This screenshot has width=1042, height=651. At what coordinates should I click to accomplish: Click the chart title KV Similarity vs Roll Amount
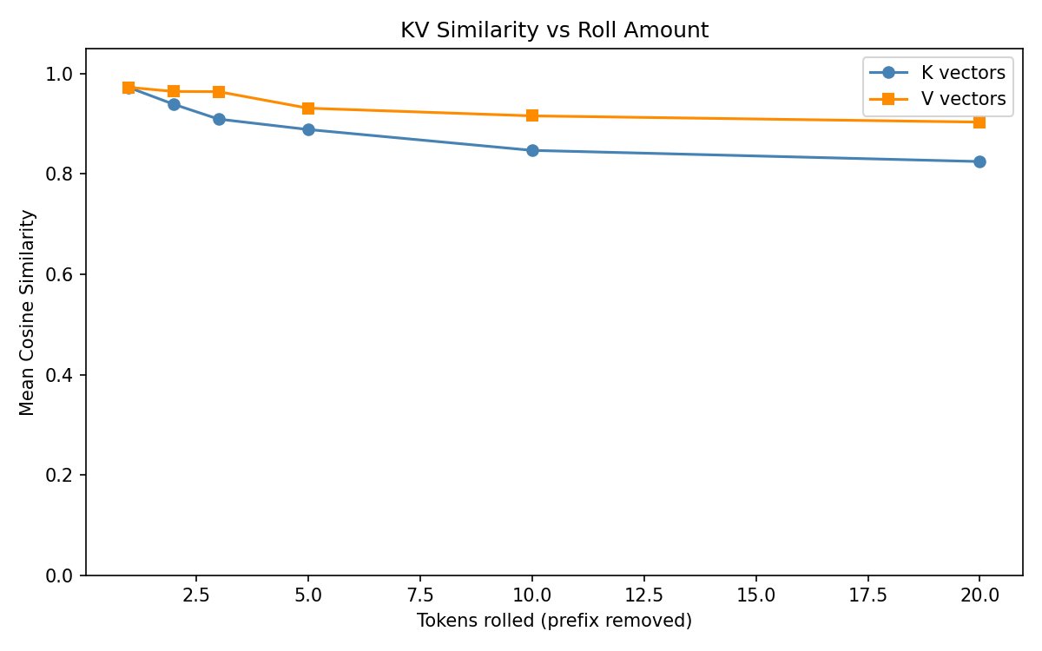coord(554,30)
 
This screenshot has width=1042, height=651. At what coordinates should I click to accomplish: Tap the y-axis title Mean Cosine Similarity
coord(28,312)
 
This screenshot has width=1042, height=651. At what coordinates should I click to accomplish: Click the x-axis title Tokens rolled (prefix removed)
coord(554,621)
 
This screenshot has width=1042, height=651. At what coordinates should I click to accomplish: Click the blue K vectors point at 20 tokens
coord(979,161)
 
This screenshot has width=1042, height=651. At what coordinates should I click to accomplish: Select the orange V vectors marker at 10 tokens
coord(532,115)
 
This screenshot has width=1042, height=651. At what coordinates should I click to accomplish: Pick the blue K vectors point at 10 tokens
coord(532,150)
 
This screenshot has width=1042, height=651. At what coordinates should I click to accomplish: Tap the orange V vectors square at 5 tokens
coord(308,108)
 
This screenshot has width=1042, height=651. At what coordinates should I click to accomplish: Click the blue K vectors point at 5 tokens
coord(308,129)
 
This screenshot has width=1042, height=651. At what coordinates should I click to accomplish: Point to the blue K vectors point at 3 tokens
coord(219,119)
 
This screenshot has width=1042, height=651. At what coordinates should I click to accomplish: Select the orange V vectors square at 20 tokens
coord(979,122)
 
